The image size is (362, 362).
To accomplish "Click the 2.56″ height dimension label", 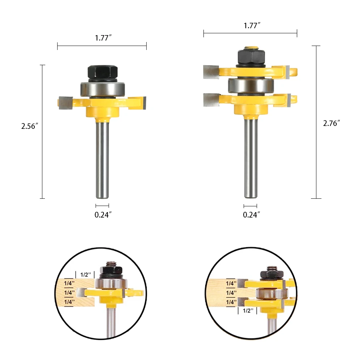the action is (x=30, y=126).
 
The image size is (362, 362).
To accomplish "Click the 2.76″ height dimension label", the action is (x=332, y=123).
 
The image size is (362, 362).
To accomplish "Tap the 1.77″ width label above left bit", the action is (x=103, y=38).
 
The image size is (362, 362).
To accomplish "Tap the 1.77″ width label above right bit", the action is (x=252, y=26).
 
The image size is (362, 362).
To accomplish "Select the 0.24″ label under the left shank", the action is (x=103, y=215).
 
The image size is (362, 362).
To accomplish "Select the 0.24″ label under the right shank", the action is (x=252, y=215).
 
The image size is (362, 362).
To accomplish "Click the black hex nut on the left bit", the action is (x=103, y=72).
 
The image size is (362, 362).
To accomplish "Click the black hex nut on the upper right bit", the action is (x=251, y=57).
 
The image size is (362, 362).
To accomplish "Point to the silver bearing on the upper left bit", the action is (x=103, y=89).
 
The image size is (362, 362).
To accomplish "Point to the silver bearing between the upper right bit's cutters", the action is (x=251, y=85).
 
